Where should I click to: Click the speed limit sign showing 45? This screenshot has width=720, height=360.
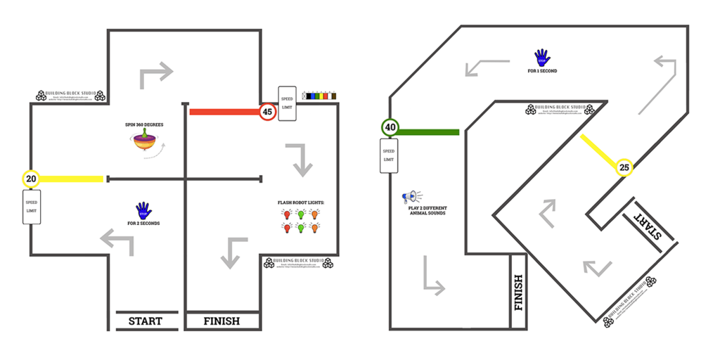click(267, 111)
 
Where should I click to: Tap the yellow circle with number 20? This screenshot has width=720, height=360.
click(31, 179)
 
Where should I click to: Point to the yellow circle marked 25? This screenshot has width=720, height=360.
click(624, 167)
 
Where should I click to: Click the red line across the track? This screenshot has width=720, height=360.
click(224, 111)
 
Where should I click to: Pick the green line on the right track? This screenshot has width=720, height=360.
click(429, 131)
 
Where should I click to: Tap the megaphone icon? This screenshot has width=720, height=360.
click(411, 197)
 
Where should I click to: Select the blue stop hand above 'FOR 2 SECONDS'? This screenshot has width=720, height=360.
click(143, 210)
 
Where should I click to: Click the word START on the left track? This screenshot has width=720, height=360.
click(146, 321)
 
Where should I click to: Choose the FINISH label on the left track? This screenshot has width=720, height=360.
click(221, 321)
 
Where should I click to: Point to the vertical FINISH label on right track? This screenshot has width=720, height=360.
click(519, 292)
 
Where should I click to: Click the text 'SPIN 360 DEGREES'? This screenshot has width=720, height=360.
click(144, 124)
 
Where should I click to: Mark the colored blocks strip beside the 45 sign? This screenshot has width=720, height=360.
click(319, 95)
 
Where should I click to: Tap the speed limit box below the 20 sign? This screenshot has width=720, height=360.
click(31, 206)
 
